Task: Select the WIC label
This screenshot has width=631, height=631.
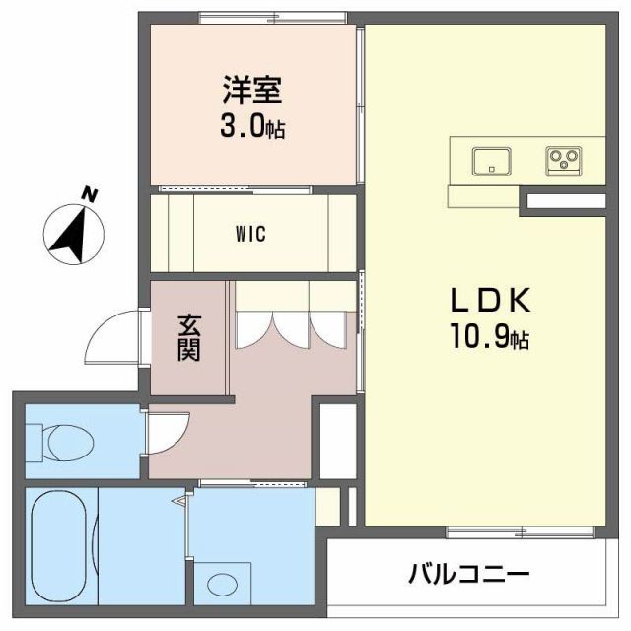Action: [250, 235]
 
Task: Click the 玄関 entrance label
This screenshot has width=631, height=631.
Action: [188, 337]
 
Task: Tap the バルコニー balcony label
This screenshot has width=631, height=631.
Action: [469, 573]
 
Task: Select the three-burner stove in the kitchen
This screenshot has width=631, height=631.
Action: [564, 159]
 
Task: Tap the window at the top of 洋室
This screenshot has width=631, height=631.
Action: [272, 15]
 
